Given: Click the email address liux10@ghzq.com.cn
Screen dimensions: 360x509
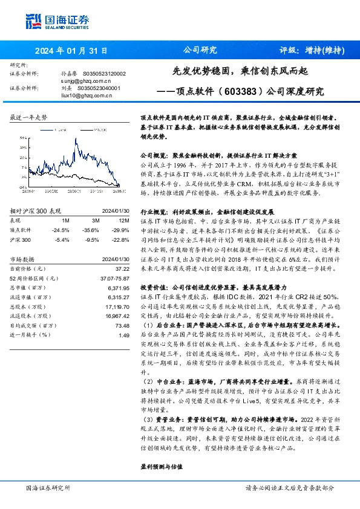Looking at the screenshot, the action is pos(84,94).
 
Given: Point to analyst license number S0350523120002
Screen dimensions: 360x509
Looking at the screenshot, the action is pos(105,73).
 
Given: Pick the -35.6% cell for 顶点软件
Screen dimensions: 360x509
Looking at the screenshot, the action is pos(92,230).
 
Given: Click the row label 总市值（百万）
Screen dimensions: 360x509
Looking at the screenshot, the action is pos(28,288).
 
